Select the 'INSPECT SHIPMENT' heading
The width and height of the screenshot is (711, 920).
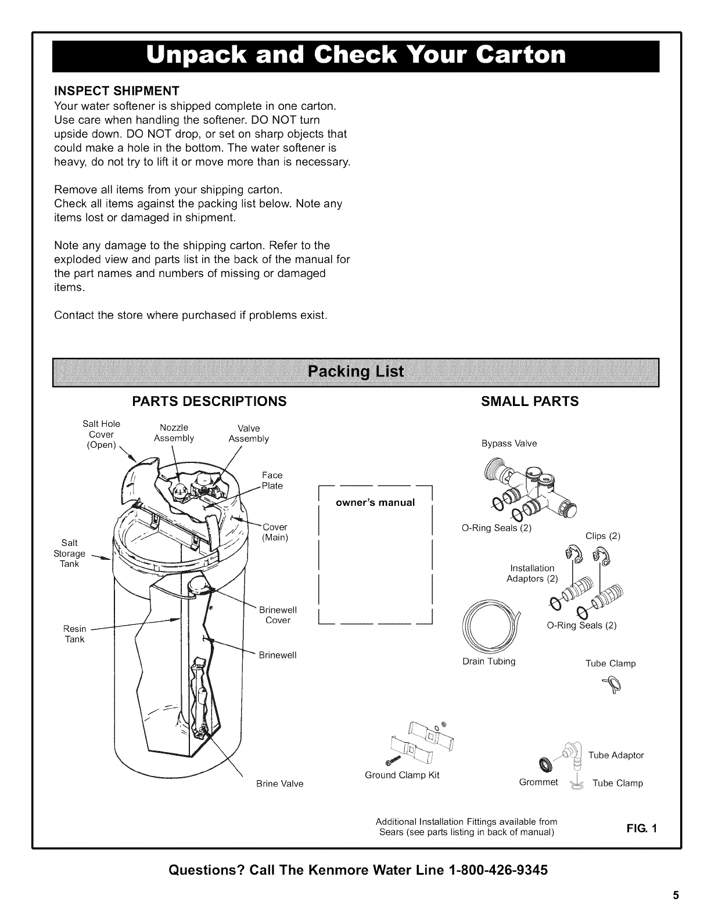click(x=116, y=92)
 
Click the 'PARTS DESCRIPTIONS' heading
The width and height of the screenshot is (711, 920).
click(x=209, y=401)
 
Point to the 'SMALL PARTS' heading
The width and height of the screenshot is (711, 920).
click(x=530, y=401)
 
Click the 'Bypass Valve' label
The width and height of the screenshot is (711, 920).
click(x=509, y=444)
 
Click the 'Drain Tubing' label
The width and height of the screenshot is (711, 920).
click(x=489, y=661)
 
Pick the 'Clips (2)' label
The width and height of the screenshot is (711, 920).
click(x=603, y=536)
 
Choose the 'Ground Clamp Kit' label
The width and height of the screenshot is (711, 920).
click(x=402, y=775)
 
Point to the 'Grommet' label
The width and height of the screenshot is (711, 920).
click(x=538, y=782)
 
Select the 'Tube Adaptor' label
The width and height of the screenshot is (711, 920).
click(x=616, y=755)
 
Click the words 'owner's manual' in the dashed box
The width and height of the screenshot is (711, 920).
click(x=376, y=502)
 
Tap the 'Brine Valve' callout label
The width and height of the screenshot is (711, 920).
click(x=280, y=784)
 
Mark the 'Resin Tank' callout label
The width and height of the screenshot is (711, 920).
click(x=74, y=634)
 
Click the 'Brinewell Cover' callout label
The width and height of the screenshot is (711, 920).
click(x=278, y=615)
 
